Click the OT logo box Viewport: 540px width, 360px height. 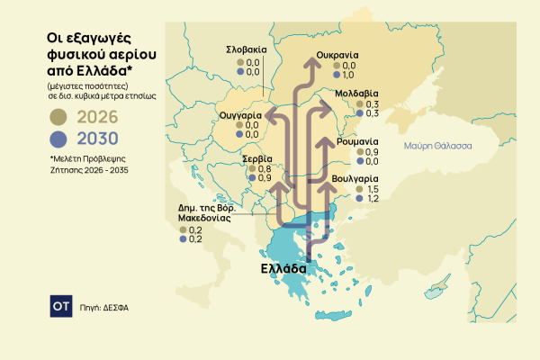(x=61, y=306)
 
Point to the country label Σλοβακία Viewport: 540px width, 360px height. (x=244, y=49)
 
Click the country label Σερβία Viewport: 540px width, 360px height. (x=258, y=158)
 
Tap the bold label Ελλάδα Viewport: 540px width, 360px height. (x=283, y=268)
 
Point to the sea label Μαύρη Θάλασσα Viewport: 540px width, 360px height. (x=438, y=145)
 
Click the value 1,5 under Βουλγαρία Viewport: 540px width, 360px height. (x=371, y=188)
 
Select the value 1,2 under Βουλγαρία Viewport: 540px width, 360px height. (x=371, y=198)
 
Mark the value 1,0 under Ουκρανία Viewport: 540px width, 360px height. (x=350, y=74)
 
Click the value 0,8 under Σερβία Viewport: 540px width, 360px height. (x=265, y=169)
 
